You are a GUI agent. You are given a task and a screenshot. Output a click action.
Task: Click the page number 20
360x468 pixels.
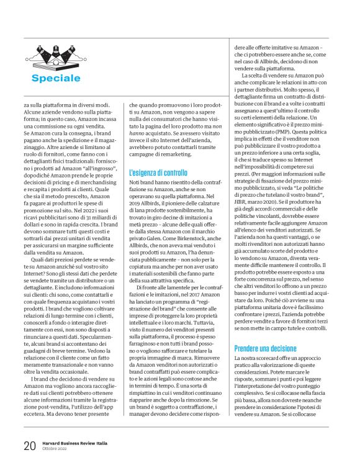(x=29, y=445)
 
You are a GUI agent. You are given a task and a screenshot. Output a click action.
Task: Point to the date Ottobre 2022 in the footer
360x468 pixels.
(x=55, y=449)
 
